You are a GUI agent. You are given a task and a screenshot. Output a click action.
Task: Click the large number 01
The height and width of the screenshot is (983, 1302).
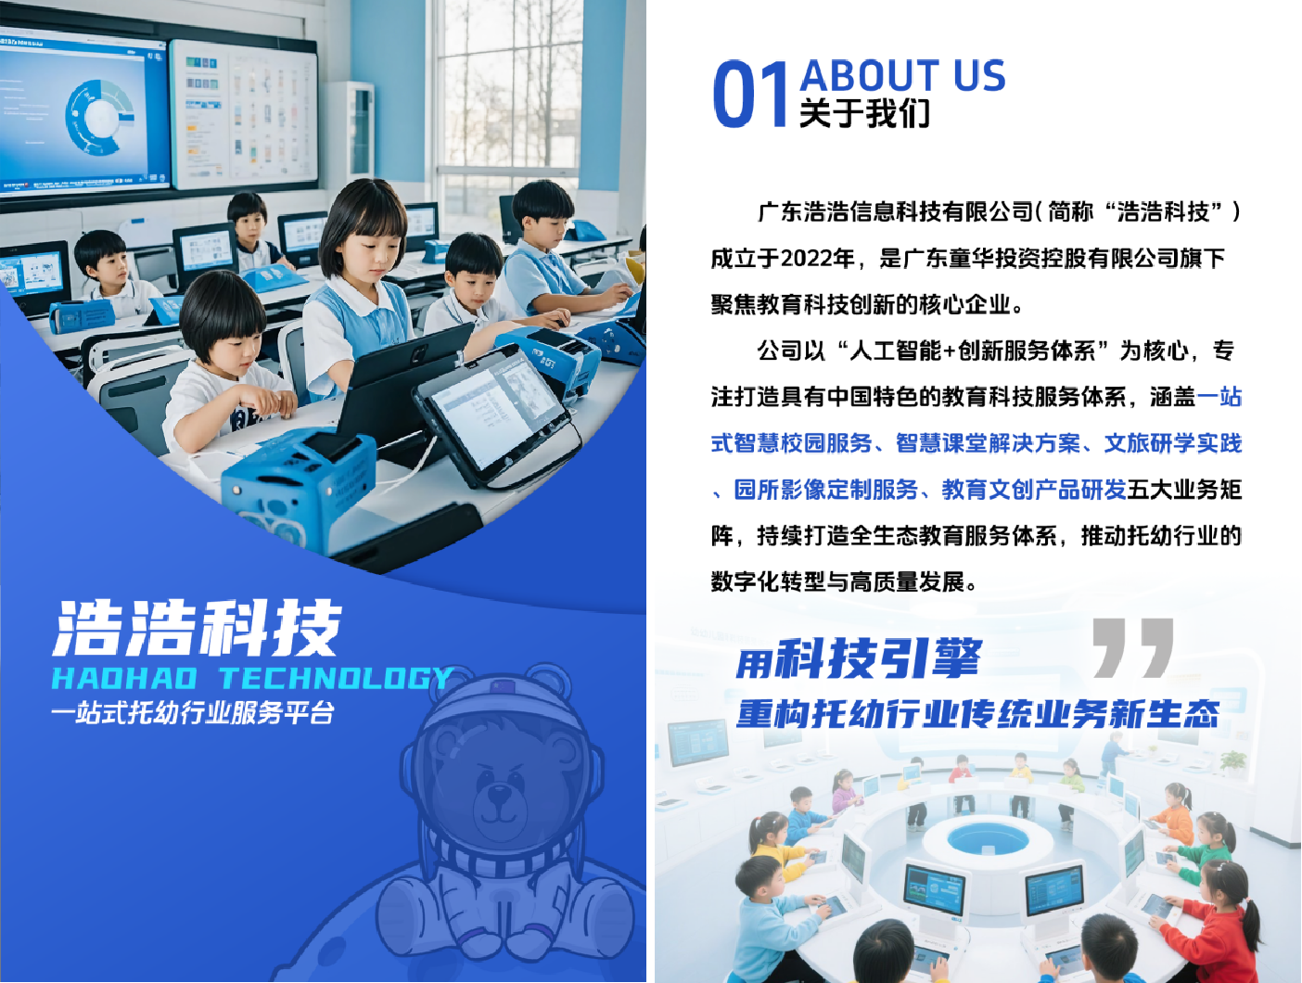(x=750, y=95)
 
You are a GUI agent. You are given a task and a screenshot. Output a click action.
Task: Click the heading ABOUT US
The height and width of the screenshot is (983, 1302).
(x=903, y=76)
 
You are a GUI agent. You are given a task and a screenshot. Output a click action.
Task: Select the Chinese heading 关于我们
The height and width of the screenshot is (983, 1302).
(x=864, y=113)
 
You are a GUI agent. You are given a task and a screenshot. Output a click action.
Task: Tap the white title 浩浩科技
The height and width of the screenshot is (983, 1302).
(x=198, y=628)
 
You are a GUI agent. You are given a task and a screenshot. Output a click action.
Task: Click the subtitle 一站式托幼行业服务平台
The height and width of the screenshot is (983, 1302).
(x=194, y=712)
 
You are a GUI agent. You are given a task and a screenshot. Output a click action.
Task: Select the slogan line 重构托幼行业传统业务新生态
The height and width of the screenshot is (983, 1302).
(x=977, y=713)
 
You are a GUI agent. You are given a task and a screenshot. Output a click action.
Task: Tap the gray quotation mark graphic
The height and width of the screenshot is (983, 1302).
(x=1133, y=647)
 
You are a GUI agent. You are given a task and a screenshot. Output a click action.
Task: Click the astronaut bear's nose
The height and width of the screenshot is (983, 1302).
(x=499, y=793)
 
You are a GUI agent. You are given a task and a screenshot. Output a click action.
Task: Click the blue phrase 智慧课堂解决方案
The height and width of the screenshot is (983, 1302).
(x=988, y=443)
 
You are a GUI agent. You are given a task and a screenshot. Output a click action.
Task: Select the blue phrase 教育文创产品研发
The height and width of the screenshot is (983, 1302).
(x=1033, y=490)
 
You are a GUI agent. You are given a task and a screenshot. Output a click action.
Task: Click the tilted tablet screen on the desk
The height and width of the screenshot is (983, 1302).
(x=496, y=415)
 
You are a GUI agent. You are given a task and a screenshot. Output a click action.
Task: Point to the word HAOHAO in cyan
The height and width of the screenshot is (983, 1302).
(x=124, y=678)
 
